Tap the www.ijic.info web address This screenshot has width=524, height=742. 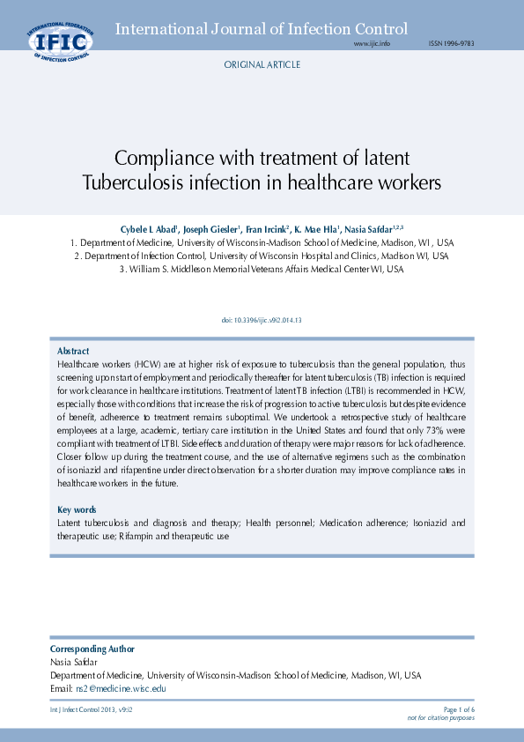point(371,43)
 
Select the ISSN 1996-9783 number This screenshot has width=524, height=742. point(451,43)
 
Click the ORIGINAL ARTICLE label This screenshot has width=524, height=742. point(262,65)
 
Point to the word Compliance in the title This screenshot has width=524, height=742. point(171,159)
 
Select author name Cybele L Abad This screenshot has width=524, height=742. point(149,228)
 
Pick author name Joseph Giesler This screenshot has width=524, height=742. point(211,228)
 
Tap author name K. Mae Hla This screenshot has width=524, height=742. point(317,228)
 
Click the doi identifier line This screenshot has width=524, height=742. point(262,321)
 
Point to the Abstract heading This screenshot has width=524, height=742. point(73,351)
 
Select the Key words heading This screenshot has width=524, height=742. point(77,510)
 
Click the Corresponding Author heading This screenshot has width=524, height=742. point(92,649)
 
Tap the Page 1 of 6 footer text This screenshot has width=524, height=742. point(459,709)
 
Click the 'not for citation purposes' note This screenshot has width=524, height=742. point(440,718)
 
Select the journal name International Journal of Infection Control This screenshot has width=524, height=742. point(262,29)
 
